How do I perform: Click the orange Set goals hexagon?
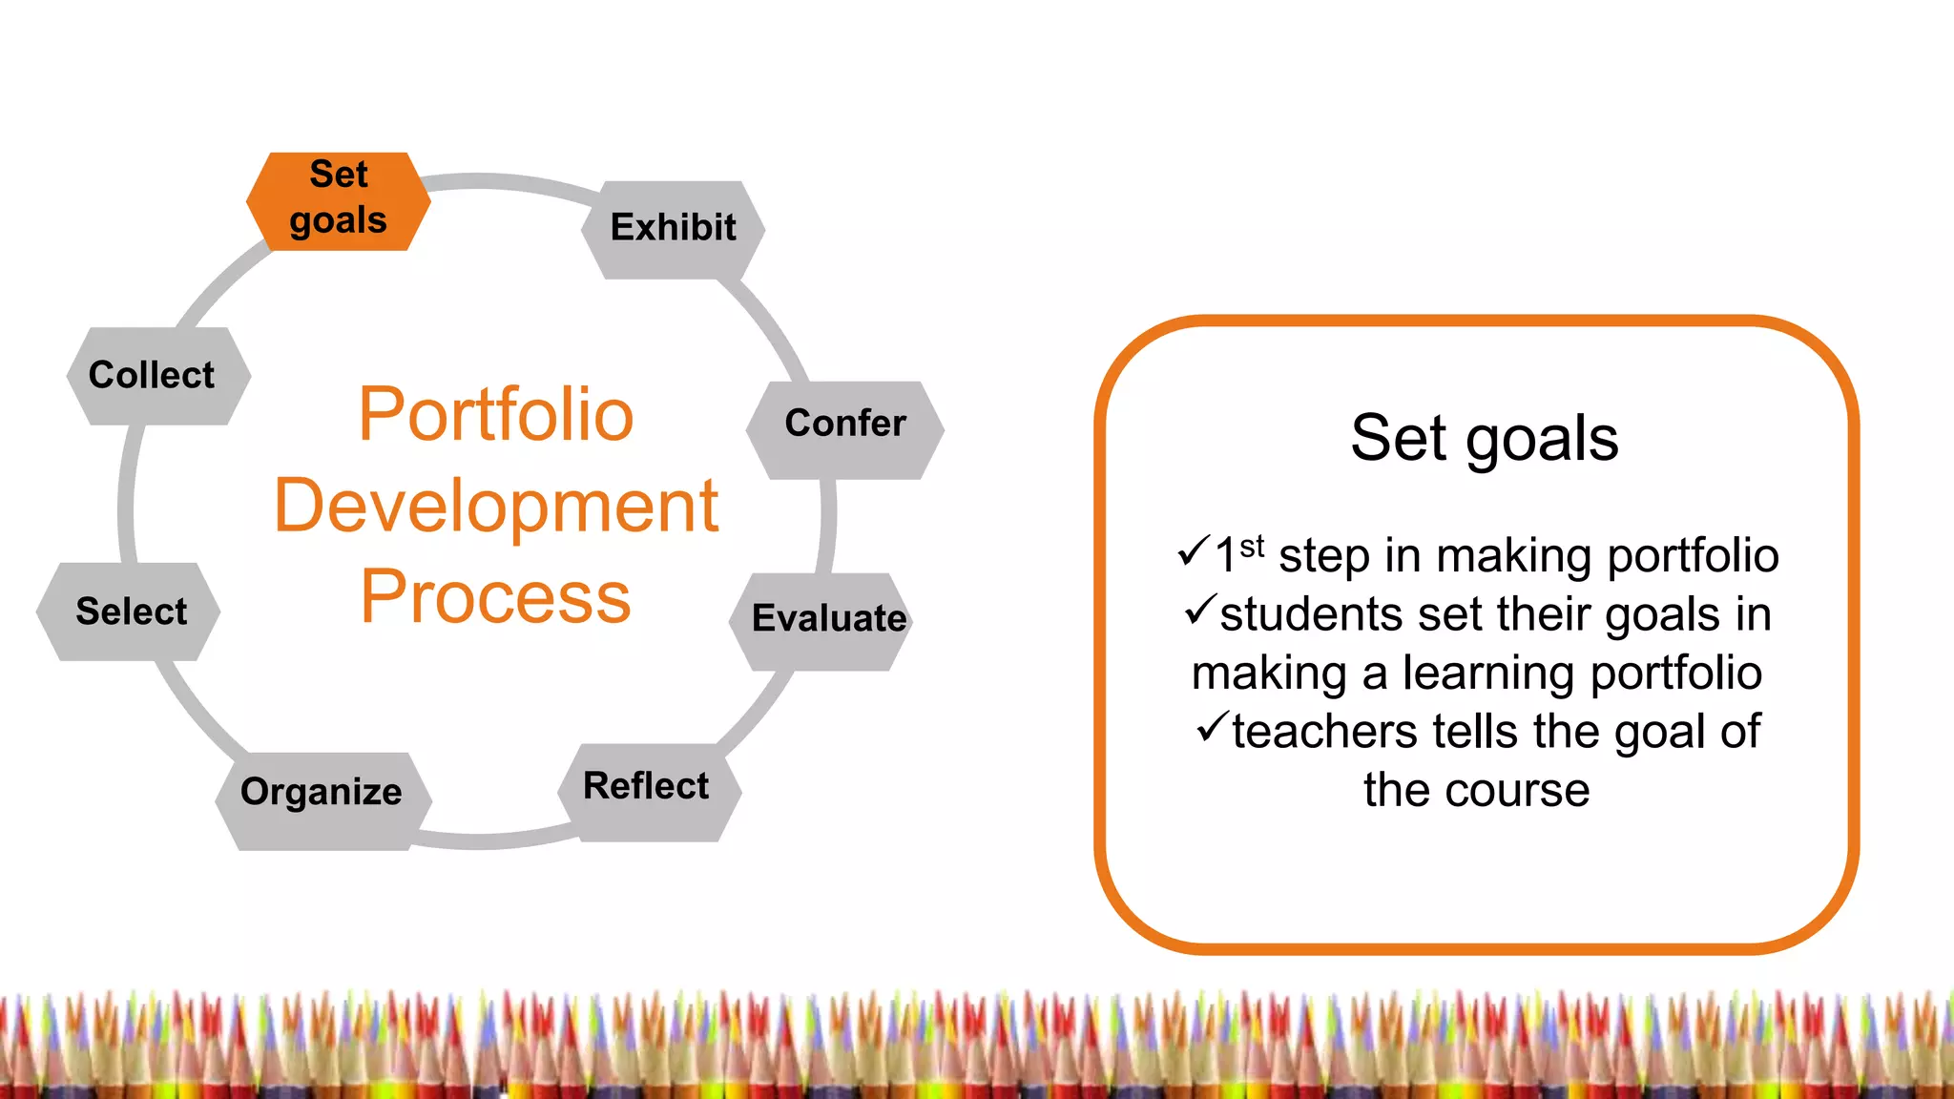click(x=338, y=200)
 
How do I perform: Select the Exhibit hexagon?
click(x=673, y=229)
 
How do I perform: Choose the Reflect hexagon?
click(x=647, y=790)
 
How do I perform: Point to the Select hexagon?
click(x=131, y=612)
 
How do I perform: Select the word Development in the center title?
click(x=495, y=506)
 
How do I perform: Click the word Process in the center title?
click(x=495, y=597)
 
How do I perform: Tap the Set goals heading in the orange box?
click(x=1484, y=439)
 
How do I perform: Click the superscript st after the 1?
click(x=1252, y=546)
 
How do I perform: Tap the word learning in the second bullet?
click(x=1489, y=674)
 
